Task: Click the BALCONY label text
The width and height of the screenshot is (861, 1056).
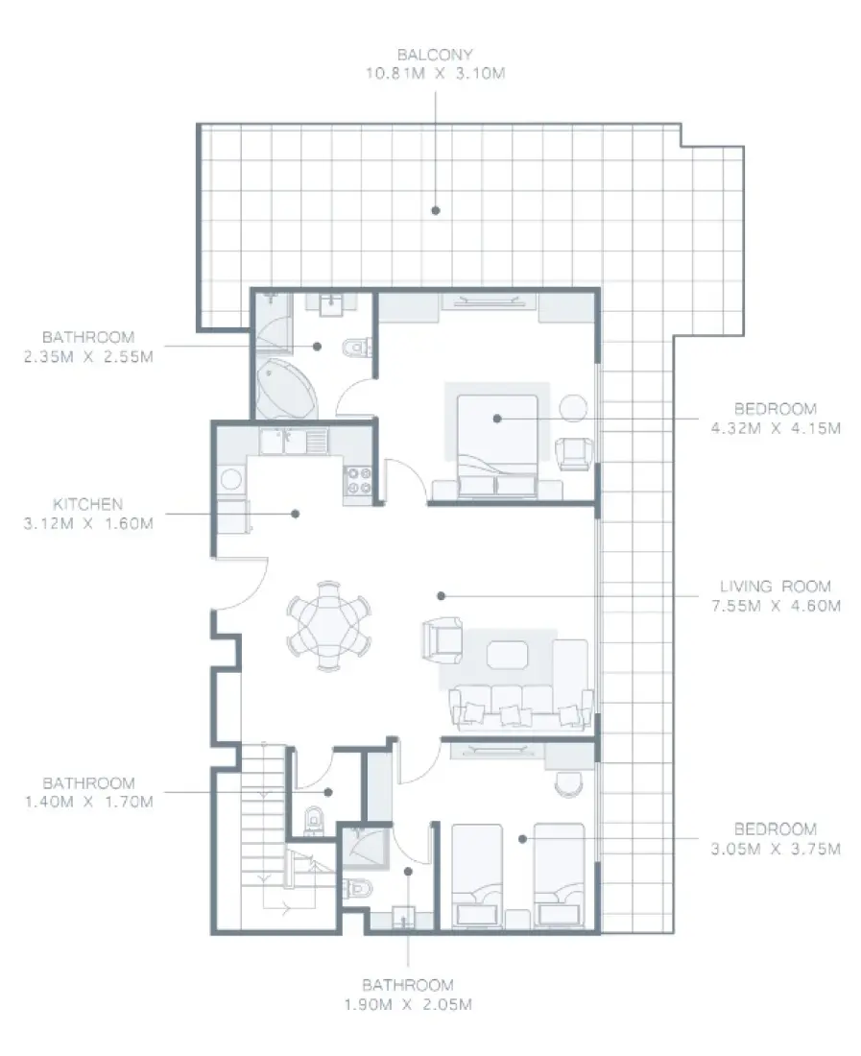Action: pos(436,56)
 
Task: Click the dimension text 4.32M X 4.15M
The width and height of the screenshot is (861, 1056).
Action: pos(776,428)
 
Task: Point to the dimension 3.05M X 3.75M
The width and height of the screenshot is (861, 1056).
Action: pos(776,849)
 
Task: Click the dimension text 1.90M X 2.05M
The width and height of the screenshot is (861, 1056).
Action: pos(408,1005)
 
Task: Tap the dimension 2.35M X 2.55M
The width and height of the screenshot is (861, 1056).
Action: pos(88,356)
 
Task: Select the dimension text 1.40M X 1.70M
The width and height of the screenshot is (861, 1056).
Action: pos(88,802)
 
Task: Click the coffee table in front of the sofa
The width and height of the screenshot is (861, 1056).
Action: pos(507,655)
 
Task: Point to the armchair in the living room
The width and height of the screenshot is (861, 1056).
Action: pos(442,638)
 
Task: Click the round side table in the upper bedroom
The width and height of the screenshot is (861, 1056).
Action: pos(573,408)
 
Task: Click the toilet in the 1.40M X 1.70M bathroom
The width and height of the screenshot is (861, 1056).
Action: pos(314,822)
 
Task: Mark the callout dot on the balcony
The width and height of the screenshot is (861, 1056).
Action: pos(435,208)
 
